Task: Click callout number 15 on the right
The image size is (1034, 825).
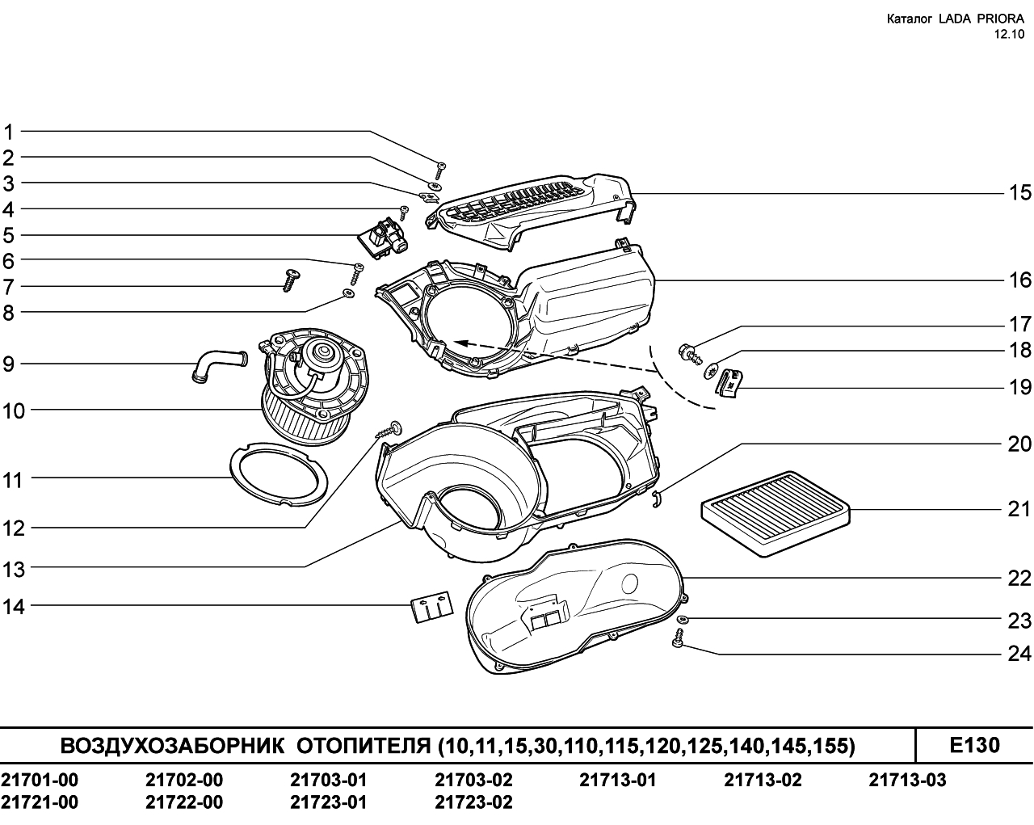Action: [1019, 193]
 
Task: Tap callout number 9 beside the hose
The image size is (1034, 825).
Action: [9, 364]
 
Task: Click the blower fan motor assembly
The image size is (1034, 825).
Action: [315, 385]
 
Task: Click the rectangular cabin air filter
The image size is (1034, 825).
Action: [775, 514]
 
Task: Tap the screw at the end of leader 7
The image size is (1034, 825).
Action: [290, 280]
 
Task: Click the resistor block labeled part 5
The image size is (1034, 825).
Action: [384, 239]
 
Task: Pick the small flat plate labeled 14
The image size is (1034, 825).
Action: [432, 607]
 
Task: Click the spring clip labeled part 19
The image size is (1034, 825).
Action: [730, 383]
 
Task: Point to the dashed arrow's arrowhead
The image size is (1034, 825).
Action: [461, 343]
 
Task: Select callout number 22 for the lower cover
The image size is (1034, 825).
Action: [1019, 579]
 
